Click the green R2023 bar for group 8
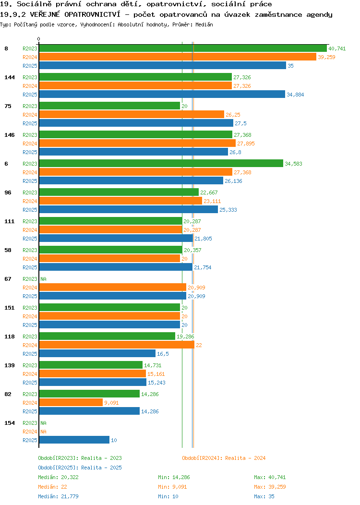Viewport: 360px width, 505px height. pos(183,48)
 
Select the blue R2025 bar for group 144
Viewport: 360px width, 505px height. pos(162,95)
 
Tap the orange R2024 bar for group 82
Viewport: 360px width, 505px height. pos(71,403)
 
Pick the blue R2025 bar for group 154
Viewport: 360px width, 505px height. pos(74,440)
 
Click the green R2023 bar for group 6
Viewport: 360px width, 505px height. pos(161,164)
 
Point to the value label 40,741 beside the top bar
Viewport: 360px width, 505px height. pos(337,48)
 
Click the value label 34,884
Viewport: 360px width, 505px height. pos(295,95)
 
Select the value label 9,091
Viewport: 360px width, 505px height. pos(111,403)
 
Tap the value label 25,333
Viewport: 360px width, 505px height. pos(228,210)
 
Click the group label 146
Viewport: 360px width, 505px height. pos(9,135)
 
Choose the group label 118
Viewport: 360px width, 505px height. pos(9,337)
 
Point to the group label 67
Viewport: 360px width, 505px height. pos(8,279)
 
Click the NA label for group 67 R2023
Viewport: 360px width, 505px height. pos(44,279)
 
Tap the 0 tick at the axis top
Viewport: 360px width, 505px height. pos(39,39)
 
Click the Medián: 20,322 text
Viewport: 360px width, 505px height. pos(58,477)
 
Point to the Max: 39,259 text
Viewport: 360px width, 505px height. pos(270,487)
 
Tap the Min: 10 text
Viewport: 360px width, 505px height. pos(168,497)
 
